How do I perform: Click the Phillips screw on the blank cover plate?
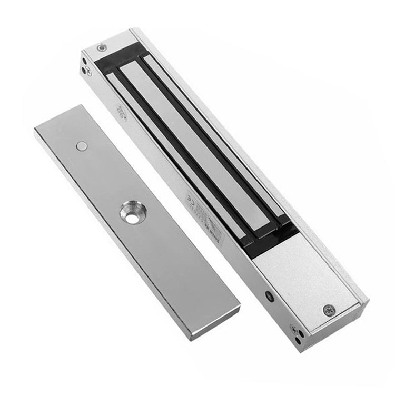pos(328,310)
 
